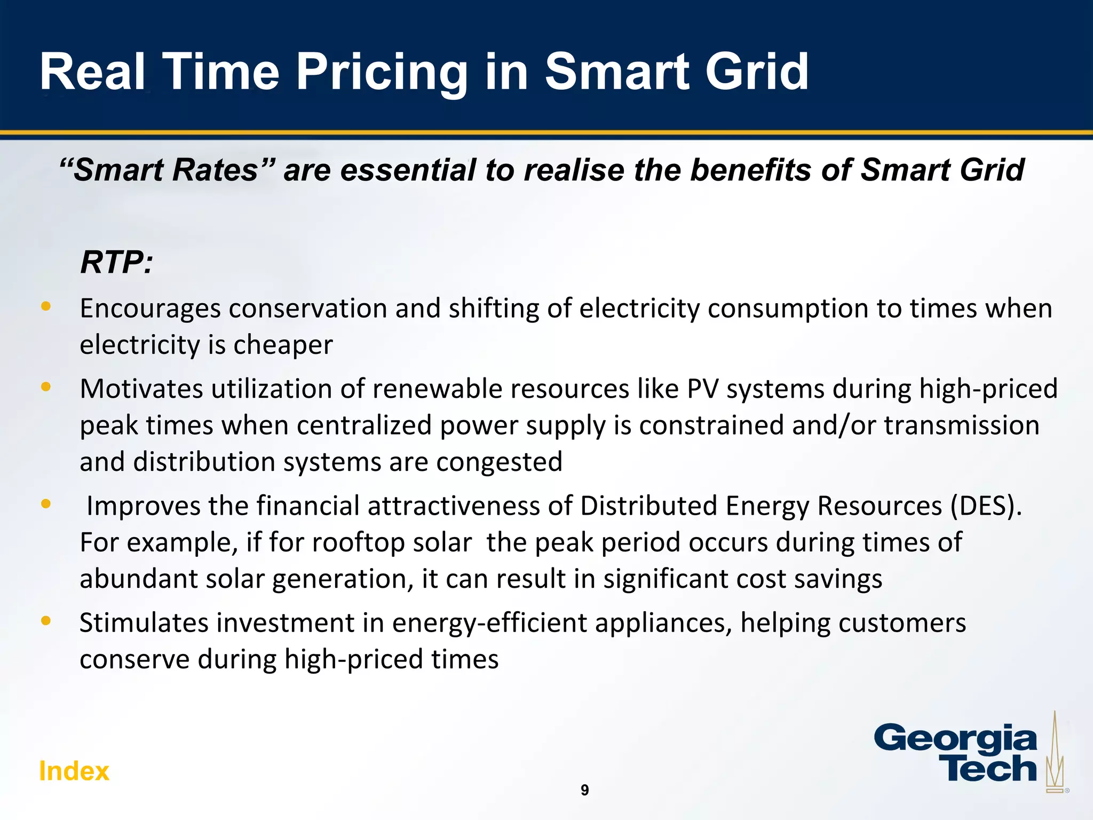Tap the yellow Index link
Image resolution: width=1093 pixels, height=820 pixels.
(74, 771)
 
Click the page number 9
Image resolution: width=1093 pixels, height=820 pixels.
(584, 790)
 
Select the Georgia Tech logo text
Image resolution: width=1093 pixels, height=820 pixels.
(955, 753)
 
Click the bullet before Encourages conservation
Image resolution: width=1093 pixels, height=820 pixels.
(46, 306)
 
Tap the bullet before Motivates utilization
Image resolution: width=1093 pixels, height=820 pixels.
(46, 387)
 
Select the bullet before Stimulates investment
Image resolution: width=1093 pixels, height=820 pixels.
(46, 620)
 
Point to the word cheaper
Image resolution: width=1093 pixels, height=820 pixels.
(283, 345)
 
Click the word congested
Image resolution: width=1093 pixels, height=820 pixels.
(499, 462)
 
